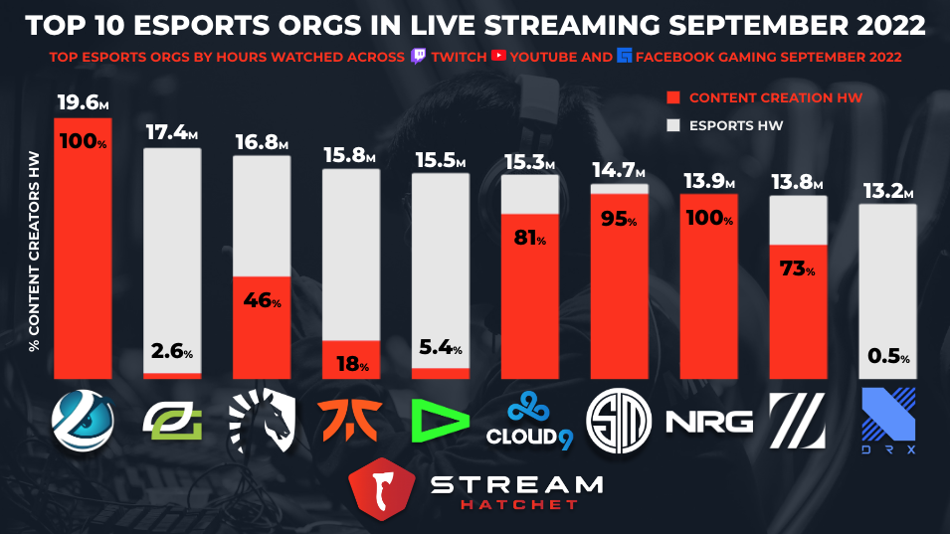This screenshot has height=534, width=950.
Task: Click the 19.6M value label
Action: point(83,103)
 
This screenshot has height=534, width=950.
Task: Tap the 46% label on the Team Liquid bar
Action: point(262,299)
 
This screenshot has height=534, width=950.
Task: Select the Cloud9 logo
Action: point(529,421)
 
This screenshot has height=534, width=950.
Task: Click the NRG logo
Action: point(709,422)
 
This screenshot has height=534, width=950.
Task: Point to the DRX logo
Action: point(888,421)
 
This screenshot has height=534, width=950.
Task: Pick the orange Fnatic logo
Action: point(350,420)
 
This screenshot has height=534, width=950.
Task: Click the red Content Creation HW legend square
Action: point(673,97)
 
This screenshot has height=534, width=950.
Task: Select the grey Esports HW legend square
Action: point(673,125)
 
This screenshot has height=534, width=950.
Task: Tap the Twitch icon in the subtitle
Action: point(418,57)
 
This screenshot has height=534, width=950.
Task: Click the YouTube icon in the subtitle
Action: point(498,56)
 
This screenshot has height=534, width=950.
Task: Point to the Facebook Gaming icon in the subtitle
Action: point(624,56)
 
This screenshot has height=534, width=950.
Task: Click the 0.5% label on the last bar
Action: point(888,355)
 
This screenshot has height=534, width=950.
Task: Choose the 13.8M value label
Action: point(797,182)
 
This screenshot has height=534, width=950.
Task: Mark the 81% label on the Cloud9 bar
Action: point(529,238)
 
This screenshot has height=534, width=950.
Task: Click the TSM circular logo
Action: point(619,421)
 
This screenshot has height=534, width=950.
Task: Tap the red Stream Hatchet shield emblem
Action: point(382,489)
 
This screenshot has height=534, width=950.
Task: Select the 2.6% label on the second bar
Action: point(172,351)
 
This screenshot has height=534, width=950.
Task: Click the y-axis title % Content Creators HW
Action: point(34,252)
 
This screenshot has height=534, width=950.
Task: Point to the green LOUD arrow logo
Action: point(440,421)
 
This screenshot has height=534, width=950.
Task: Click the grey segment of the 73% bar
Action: point(798,221)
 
